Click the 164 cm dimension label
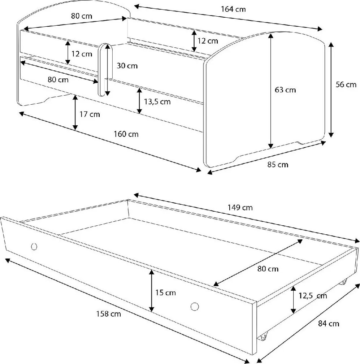click(233, 9)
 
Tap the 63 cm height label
click(285, 90)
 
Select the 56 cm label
click(346, 84)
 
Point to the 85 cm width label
click(278, 165)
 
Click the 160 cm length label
click(126, 134)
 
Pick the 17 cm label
click(90, 114)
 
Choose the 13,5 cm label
click(157, 102)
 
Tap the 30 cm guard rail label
click(127, 66)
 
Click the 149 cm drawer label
click(240, 207)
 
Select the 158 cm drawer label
click(109, 314)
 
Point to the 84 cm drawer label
click(329, 324)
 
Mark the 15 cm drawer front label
click(165, 293)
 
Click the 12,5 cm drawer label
click(313, 296)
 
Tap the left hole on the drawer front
click(34, 247)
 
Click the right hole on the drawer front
click(195, 307)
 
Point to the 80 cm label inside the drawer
click(268, 269)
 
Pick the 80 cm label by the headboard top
click(82, 16)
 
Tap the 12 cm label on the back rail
click(208, 41)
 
